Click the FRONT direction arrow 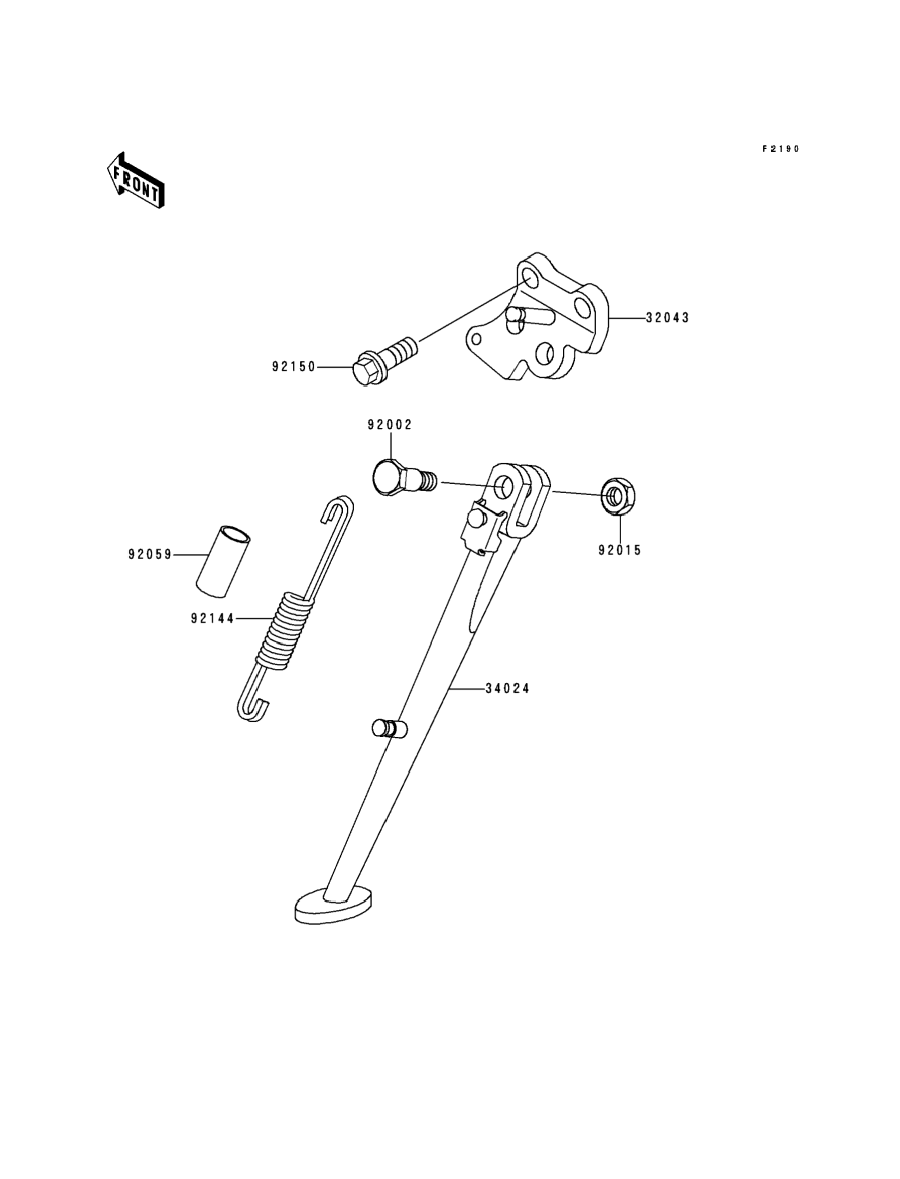coord(136,181)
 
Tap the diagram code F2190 coord(781,149)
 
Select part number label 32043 coord(668,318)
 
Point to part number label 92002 coord(390,425)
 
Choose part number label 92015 coord(620,551)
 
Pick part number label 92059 coord(150,555)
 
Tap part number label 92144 coord(213,618)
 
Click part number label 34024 coord(507,689)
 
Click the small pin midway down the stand coord(389,728)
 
